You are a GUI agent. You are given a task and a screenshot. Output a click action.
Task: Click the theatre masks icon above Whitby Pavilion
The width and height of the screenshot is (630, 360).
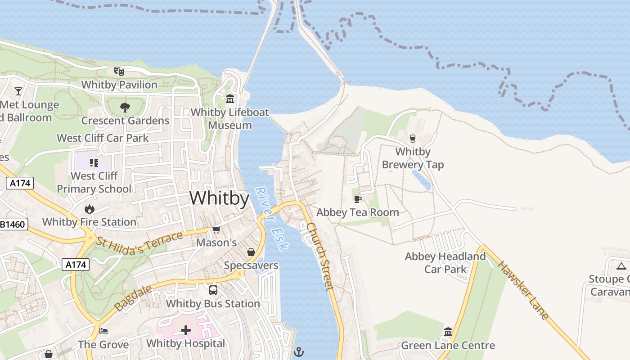(x=119, y=71)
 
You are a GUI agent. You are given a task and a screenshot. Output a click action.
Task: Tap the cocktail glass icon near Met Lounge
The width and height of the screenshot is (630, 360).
(x=18, y=91)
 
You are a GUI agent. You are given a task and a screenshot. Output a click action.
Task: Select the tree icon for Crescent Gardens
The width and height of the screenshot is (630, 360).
(x=125, y=108)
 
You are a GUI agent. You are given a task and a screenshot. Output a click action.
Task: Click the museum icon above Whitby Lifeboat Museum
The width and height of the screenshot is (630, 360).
(x=230, y=99)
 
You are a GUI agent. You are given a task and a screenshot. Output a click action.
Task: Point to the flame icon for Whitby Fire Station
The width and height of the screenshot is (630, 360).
(x=89, y=209)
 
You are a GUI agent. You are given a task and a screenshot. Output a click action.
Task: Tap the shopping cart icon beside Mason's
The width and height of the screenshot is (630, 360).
(x=216, y=230)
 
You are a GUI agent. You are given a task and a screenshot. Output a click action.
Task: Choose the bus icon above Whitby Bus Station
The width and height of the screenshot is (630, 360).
(x=213, y=290)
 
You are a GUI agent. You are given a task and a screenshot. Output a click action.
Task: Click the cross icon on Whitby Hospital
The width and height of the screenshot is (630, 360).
(x=186, y=331)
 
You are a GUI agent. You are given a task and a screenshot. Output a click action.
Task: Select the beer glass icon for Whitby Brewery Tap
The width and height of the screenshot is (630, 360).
(x=412, y=138)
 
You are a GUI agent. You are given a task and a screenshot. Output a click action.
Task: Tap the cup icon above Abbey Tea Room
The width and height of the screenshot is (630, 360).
(x=358, y=199)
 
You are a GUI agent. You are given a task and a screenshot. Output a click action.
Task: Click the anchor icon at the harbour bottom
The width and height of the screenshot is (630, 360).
(x=298, y=351)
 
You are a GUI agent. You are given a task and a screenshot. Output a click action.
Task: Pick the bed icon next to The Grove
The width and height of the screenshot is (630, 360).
(x=103, y=332)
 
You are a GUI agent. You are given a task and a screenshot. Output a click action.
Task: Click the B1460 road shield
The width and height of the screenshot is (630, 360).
(x=13, y=224)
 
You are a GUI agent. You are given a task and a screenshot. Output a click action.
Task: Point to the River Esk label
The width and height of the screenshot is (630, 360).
(x=272, y=219)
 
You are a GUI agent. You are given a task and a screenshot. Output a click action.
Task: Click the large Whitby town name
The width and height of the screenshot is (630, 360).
(x=219, y=198)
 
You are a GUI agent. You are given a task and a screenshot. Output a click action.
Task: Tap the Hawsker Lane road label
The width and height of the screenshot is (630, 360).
(x=523, y=291)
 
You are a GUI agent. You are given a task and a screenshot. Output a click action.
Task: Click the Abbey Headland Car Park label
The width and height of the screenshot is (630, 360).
(x=445, y=263)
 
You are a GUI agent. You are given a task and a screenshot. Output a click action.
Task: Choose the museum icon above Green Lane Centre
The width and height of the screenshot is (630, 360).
(x=448, y=332)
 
